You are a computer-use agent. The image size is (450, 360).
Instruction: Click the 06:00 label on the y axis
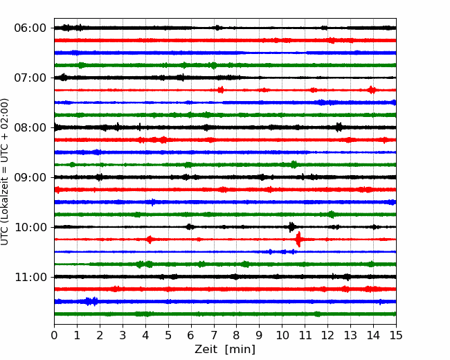coord(30,28)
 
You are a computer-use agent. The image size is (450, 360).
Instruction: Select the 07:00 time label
coord(30,78)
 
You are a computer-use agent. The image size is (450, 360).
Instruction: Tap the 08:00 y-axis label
coord(30,128)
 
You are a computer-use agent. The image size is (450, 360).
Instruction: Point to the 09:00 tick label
coord(30,177)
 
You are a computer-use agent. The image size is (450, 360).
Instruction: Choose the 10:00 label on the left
coord(30,227)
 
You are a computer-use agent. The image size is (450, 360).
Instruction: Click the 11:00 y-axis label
coord(30,278)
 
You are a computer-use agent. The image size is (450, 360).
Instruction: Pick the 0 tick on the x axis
coord(54,335)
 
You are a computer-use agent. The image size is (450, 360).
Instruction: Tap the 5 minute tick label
coord(168,335)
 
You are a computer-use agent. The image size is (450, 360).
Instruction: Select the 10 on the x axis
coord(282,335)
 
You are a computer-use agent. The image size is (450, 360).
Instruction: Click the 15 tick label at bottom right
coord(396,335)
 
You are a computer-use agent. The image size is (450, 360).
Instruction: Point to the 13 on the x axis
coord(350,335)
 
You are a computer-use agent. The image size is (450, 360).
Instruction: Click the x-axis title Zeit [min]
coord(225,350)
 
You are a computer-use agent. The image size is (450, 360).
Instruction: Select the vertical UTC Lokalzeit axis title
coord(5,172)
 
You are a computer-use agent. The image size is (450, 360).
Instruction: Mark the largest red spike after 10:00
coord(298,239)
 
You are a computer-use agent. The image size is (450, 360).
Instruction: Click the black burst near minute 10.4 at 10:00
coord(291,227)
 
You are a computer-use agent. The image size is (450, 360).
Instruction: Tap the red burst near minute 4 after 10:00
coord(150,239)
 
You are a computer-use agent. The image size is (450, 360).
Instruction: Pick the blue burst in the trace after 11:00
coord(91,301)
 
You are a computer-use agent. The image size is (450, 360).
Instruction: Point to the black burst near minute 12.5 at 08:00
coord(339,127)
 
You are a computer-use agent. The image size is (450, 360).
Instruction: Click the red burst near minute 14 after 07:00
coord(372,90)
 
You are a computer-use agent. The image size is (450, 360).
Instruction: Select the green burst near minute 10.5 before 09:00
coord(294,165)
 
